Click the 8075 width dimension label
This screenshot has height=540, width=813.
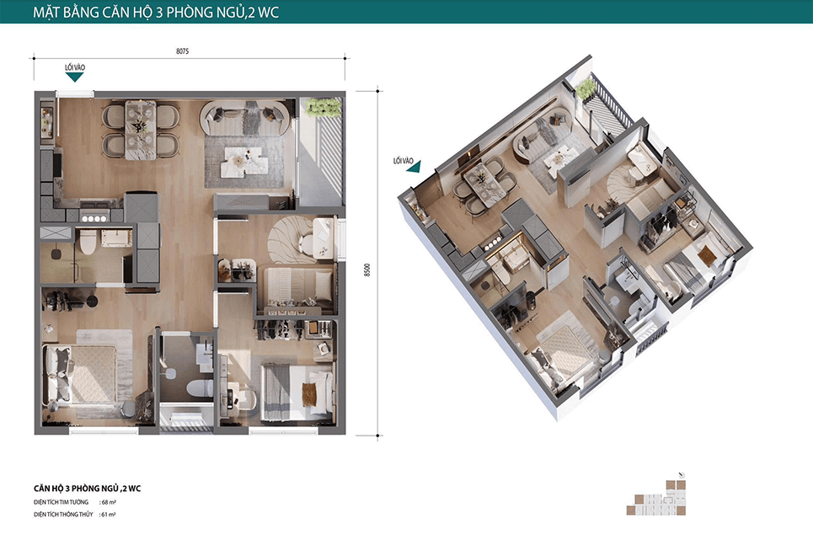tap(183, 51)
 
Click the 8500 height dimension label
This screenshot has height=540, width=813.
tap(367, 270)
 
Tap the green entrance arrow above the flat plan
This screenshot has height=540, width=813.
tap(75, 78)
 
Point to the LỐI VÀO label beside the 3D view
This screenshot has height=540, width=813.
tap(404, 161)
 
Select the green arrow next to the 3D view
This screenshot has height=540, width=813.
tap(415, 167)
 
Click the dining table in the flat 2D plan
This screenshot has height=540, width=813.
tap(140, 130)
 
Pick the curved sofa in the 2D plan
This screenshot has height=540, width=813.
tap(244, 117)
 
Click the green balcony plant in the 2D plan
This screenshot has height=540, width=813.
tap(324, 107)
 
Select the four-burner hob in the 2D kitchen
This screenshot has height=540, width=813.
tap(94, 219)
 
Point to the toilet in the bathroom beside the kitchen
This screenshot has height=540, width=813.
tap(88, 242)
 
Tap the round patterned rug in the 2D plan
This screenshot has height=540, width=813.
tap(292, 239)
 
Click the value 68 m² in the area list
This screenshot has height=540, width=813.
tap(108, 502)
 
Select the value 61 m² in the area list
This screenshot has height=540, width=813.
tap(108, 515)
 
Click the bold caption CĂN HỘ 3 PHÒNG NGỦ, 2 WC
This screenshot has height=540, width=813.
tap(87, 488)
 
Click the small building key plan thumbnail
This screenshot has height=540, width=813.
tap(656, 498)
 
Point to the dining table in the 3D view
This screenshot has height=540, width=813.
tap(484, 184)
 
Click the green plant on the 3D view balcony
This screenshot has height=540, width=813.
tap(586, 88)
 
